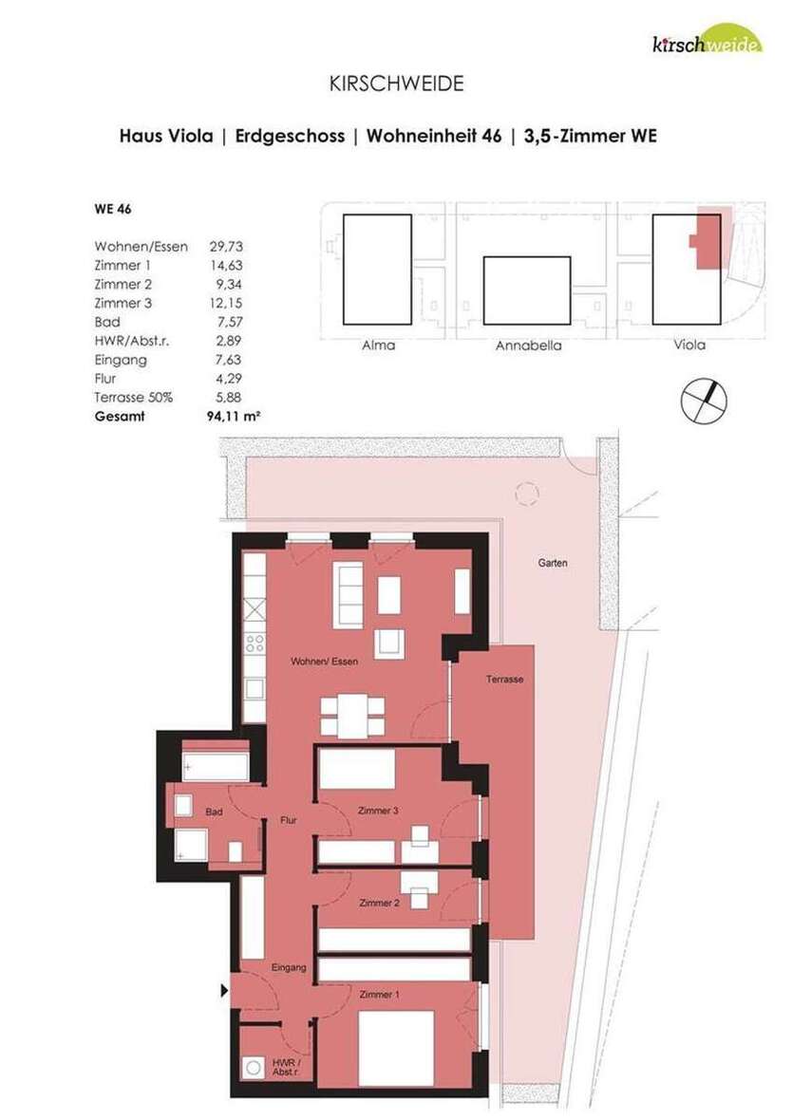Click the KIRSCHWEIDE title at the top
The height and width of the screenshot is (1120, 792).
[x=396, y=84]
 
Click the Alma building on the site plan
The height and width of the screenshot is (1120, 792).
[x=377, y=270]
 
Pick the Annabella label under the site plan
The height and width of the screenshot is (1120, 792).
[x=528, y=345]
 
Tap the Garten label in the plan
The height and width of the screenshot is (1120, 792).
[x=553, y=563]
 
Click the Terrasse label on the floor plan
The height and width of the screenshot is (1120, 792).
[x=504, y=680]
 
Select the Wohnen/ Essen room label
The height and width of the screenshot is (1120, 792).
[x=325, y=662]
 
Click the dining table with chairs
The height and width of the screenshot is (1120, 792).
[x=352, y=715]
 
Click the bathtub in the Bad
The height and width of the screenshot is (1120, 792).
[x=216, y=760]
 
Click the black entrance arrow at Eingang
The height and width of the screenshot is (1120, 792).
[x=225, y=991]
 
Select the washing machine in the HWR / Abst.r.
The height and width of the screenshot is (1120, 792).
[x=255, y=1068]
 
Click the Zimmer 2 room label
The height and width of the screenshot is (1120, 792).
[x=378, y=903]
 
